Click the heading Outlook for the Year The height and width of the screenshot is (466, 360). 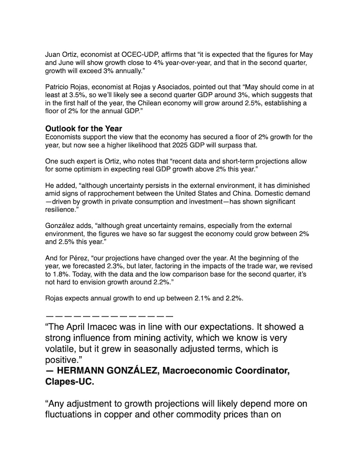[84, 128]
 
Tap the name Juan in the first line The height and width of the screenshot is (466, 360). [54, 54]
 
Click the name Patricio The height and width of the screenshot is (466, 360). [58, 87]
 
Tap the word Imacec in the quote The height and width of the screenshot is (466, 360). [108, 326]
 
